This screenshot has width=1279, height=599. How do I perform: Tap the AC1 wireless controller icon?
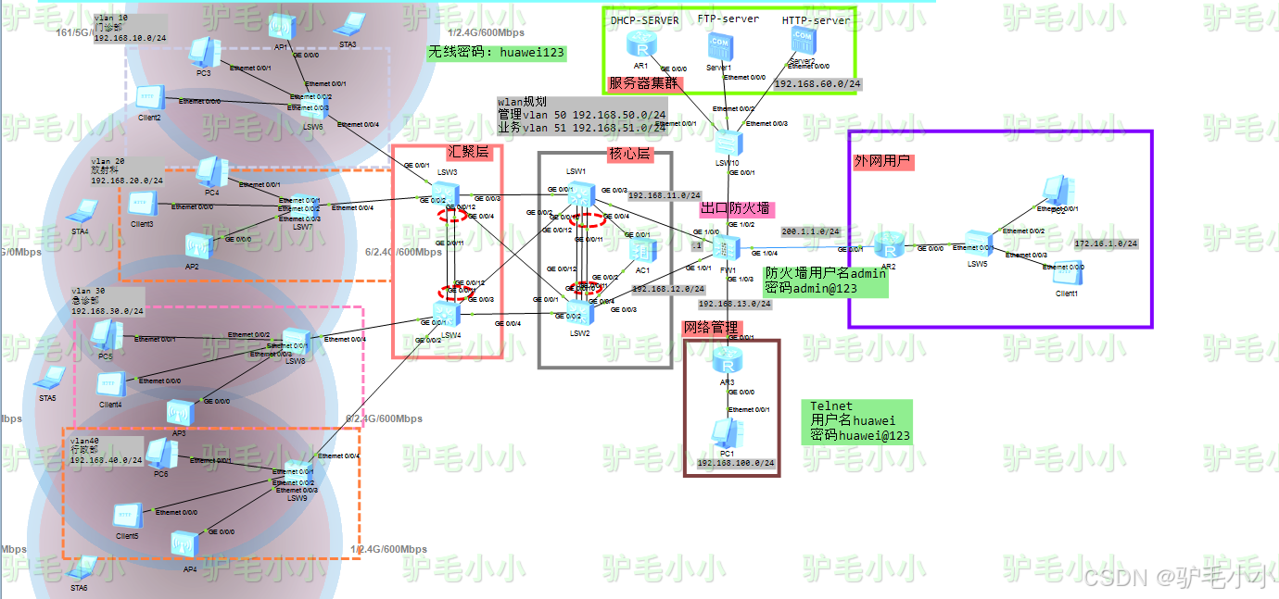pos(642,250)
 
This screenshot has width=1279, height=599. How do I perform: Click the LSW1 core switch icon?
pos(581,194)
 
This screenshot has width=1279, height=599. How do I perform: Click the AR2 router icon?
pos(891,247)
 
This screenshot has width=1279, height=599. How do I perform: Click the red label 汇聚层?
pos(468,153)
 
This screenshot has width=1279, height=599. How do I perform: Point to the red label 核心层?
pos(629,153)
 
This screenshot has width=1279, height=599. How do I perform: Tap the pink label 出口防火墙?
pos(735,208)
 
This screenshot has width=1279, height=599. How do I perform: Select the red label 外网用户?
pos(883,161)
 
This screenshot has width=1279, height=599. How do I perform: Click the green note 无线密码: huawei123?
pos(496,53)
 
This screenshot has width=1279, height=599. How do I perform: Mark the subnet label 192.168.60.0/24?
pos(817,84)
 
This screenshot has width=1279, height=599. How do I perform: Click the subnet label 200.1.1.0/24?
pos(810,231)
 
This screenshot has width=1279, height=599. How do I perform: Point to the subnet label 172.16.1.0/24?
pos(1106,243)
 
